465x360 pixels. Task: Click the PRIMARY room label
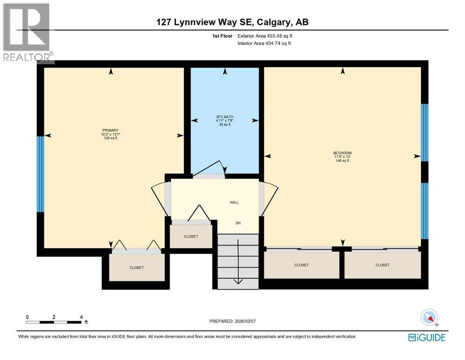point(111,131)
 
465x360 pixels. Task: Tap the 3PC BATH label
point(225,117)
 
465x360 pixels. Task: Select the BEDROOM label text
point(342,153)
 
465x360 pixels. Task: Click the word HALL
point(234,202)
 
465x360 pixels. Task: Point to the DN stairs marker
point(237,224)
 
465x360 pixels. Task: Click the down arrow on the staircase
point(237,280)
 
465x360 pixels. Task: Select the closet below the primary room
point(137,268)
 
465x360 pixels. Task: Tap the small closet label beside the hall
point(191,237)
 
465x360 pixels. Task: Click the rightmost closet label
point(382,265)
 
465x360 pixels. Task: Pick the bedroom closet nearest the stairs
point(301,265)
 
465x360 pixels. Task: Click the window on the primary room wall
point(40,173)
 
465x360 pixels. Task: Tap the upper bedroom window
point(424,133)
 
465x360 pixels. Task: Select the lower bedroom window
point(424,210)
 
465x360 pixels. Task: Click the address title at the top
point(232,22)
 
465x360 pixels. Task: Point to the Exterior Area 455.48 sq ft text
point(266,36)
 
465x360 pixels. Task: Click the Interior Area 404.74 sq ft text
point(265,43)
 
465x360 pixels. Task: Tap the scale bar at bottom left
point(54,322)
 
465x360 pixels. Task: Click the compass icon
point(429,318)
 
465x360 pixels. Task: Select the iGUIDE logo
point(427,337)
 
